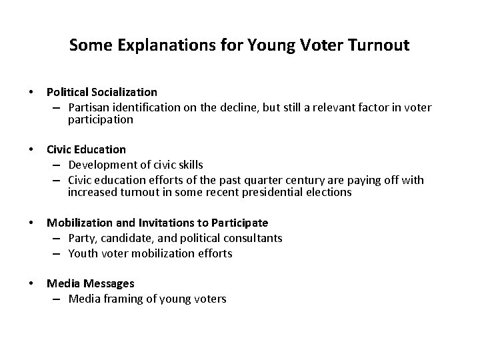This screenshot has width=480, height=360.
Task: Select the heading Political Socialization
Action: click(102, 92)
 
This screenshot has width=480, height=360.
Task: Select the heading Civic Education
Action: click(86, 149)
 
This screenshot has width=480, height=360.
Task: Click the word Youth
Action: click(82, 253)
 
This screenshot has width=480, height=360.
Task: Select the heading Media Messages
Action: click(90, 284)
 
